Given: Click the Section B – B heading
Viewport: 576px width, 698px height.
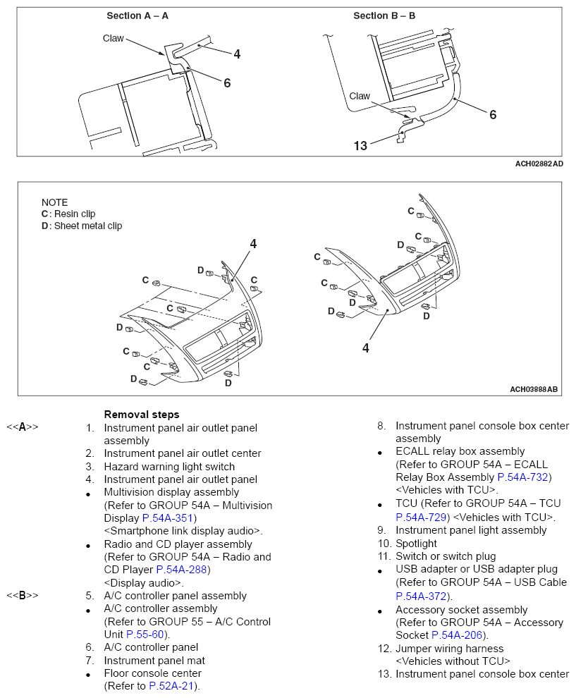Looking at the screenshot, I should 384,16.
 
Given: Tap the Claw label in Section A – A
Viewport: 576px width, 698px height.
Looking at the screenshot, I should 113,38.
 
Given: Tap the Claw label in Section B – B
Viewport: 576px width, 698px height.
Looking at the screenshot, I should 360,96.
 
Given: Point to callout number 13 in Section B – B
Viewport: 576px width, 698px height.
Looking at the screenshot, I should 360,146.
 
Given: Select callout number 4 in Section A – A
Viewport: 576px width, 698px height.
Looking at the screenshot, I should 237,54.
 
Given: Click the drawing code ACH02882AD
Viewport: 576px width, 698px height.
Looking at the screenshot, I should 539,164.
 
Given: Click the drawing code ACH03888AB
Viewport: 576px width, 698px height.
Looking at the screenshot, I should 534,389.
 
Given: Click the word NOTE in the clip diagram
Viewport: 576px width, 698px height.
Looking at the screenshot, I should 54,202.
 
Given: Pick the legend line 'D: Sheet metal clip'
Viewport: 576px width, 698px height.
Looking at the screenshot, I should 82,226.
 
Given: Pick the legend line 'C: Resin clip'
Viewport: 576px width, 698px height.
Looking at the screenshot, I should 68,214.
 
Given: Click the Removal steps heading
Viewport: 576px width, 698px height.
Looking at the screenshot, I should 141,415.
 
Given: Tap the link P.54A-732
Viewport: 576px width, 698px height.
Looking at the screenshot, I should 524,477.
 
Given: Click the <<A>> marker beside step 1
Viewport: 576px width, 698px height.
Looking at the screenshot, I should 23,427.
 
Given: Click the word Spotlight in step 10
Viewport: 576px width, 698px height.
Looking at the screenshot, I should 416,544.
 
